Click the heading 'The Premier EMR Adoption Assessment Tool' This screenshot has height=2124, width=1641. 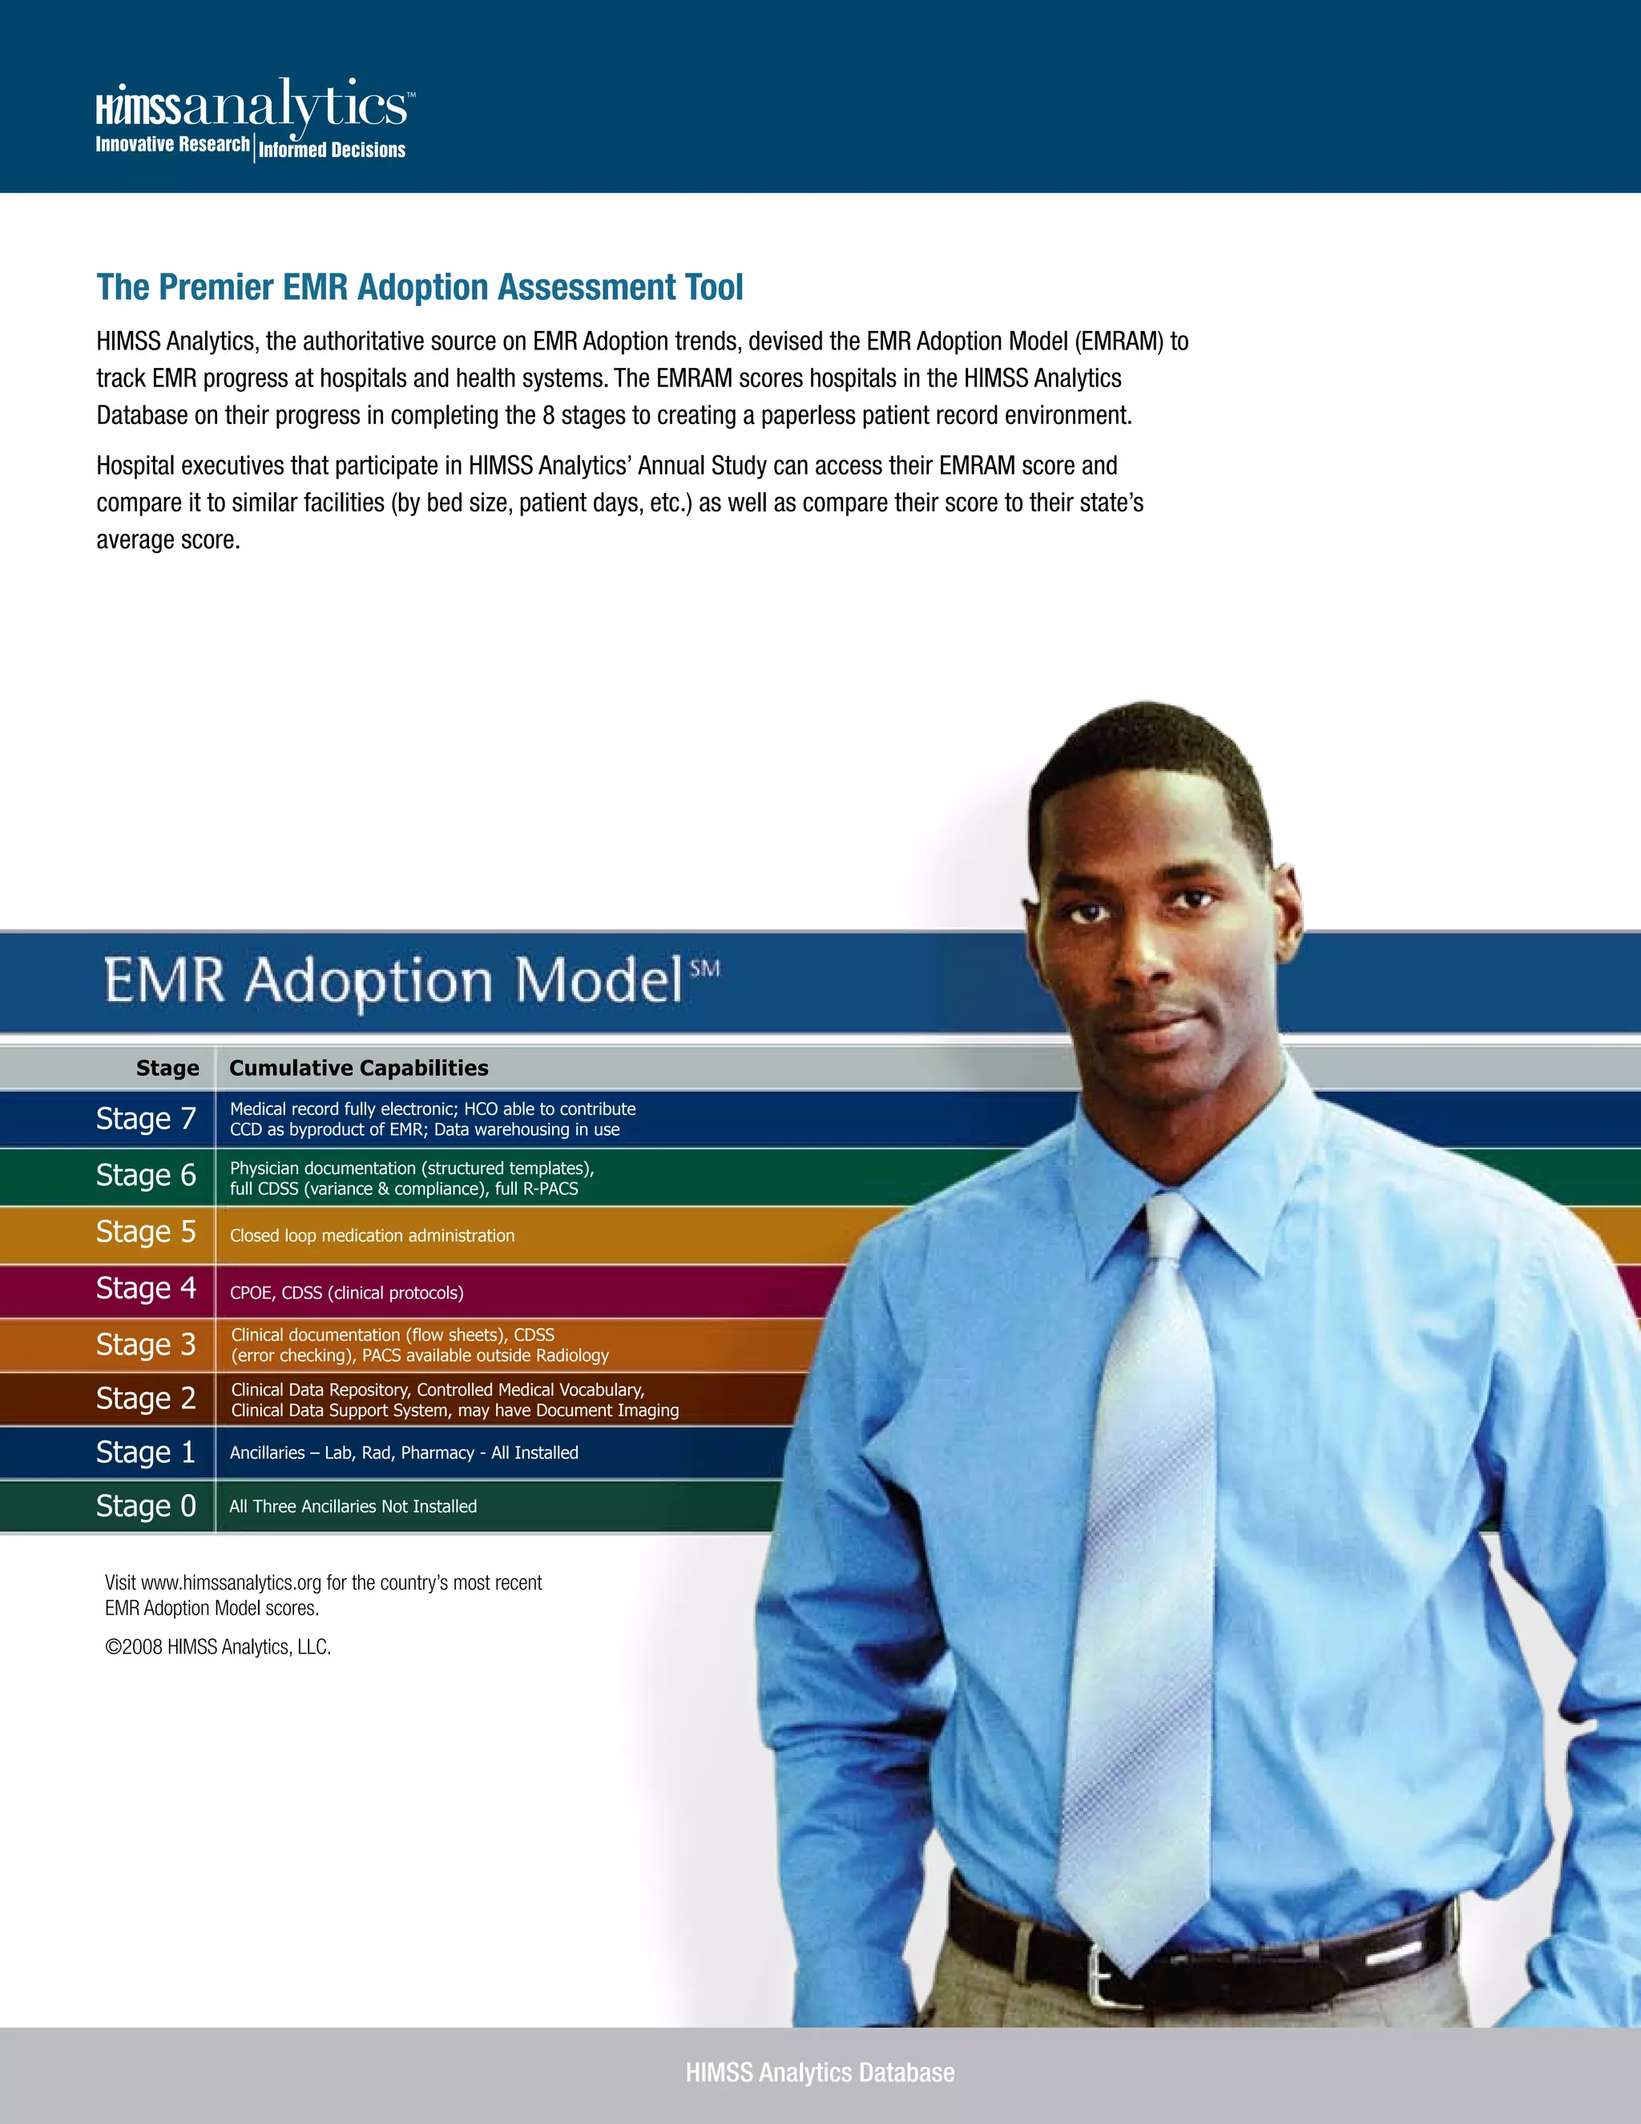point(419,288)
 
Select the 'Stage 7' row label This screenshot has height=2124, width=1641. point(146,1118)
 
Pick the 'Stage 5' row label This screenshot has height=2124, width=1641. point(146,1231)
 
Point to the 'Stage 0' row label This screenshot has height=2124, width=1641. point(146,1505)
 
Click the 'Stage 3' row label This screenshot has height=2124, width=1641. point(146,1344)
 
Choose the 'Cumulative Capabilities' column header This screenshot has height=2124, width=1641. point(359,1068)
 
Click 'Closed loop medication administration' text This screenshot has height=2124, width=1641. point(373,1236)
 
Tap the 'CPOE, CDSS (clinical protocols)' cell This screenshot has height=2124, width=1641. point(346,1293)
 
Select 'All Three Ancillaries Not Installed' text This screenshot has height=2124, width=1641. point(353,1507)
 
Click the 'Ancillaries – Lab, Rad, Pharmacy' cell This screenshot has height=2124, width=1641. point(404,1453)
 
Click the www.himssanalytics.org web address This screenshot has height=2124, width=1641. point(232,1583)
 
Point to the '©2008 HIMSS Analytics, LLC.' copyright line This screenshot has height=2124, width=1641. point(218,1647)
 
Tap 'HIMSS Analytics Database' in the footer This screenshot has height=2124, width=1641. point(820,2073)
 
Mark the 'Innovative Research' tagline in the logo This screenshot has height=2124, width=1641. point(172,145)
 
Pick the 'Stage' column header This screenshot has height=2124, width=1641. point(167,1068)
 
